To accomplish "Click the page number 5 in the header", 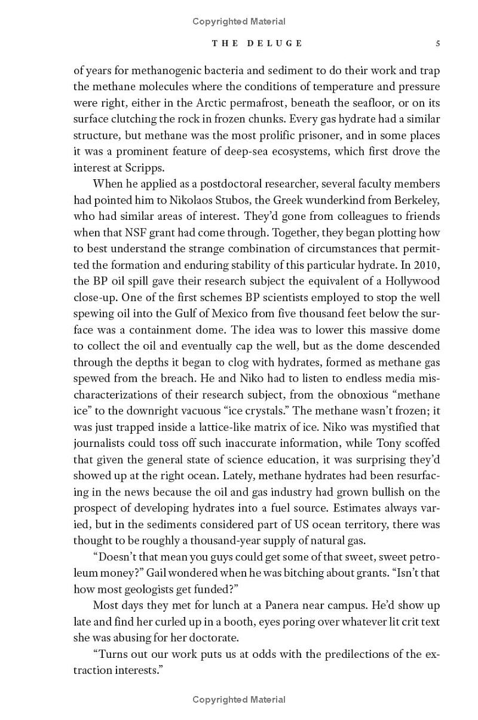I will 438,43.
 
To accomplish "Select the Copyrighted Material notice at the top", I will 239,22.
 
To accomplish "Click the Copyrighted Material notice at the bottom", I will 239,699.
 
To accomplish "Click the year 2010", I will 425,264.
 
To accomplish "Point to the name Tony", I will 380,443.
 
